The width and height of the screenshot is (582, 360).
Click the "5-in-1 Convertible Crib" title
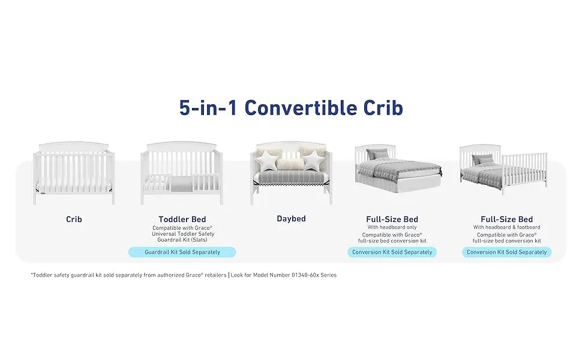(291, 107)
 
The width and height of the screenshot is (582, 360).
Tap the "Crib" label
(74, 220)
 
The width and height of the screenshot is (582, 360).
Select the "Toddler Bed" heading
(182, 220)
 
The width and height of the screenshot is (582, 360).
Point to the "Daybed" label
(292, 218)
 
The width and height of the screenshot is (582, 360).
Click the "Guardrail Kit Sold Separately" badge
(182, 252)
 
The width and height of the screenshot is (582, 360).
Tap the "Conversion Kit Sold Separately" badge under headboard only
(392, 252)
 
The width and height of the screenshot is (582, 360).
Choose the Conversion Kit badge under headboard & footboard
(506, 252)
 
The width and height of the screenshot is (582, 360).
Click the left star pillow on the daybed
(267, 160)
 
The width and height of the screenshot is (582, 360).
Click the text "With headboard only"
(392, 227)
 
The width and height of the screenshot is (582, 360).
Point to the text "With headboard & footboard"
(506, 227)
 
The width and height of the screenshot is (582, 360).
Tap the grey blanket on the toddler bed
(182, 184)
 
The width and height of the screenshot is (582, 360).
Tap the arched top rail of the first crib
(74, 146)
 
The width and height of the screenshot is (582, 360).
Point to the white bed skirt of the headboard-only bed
(398, 184)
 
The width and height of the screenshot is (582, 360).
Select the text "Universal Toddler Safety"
(183, 234)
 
